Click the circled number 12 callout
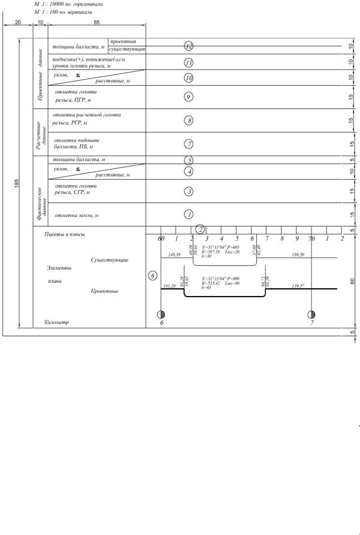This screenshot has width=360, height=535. pyautogui.click(x=189, y=46)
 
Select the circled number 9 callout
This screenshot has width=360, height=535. pyautogui.click(x=189, y=97)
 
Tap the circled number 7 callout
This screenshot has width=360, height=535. pyautogui.click(x=189, y=144)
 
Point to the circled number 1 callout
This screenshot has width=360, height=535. pyautogui.click(x=189, y=214)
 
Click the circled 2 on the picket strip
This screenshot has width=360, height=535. pyautogui.click(x=201, y=229)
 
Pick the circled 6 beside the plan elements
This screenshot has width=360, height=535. pyautogui.click(x=152, y=276)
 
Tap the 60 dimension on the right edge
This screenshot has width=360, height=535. pyautogui.click(x=352, y=280)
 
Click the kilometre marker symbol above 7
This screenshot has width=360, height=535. pyautogui.click(x=311, y=314)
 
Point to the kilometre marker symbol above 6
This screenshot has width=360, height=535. pyautogui.click(x=161, y=314)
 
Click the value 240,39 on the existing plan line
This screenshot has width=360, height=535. pyautogui.click(x=173, y=255)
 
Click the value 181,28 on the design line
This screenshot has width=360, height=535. pyautogui.click(x=170, y=286)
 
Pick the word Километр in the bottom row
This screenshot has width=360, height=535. pyautogui.click(x=58, y=322)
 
